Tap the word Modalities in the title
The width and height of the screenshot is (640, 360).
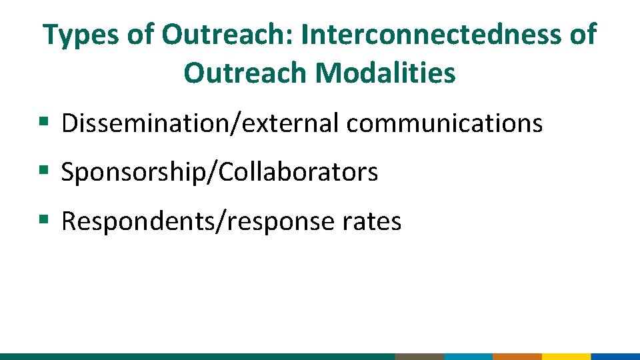pyautogui.click(x=386, y=73)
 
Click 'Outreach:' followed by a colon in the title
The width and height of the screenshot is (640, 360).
pyautogui.click(x=227, y=34)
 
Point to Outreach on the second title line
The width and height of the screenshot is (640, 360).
pyautogui.click(x=246, y=73)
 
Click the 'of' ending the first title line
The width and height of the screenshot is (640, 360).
pyautogui.click(x=583, y=34)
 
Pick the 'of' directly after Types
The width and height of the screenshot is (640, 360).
pyautogui.click(x=141, y=34)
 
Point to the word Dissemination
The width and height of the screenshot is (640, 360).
pyautogui.click(x=144, y=123)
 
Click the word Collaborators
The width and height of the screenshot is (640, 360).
pyautogui.click(x=298, y=173)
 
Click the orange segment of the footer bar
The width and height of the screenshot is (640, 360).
pyautogui.click(x=517, y=356)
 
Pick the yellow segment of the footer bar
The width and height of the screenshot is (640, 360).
pyautogui.click(x=566, y=356)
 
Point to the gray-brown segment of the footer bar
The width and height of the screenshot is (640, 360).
pyautogui.click(x=419, y=356)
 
